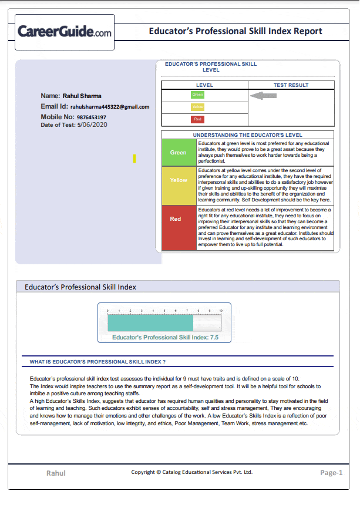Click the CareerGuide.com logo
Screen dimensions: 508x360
(65, 32)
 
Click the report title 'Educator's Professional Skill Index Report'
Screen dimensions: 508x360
(235, 31)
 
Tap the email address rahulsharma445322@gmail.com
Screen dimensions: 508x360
(110, 107)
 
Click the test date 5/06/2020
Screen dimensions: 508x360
(93, 125)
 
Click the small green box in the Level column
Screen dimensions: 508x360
(198, 95)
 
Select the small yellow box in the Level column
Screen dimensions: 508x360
(198, 107)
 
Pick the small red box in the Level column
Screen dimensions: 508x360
(198, 119)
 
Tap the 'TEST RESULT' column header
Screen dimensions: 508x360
(291, 85)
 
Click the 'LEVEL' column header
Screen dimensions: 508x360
(204, 85)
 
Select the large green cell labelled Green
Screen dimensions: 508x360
(179, 153)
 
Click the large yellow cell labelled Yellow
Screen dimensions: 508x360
(179, 180)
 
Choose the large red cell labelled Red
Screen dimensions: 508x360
(176, 219)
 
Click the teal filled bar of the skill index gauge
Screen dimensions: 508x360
(150, 322)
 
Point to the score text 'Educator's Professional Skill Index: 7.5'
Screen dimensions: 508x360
(166, 338)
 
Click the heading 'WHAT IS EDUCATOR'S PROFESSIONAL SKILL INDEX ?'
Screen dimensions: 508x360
(97, 362)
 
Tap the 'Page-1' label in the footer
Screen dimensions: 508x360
(331, 473)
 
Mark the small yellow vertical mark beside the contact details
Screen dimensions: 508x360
(134, 159)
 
